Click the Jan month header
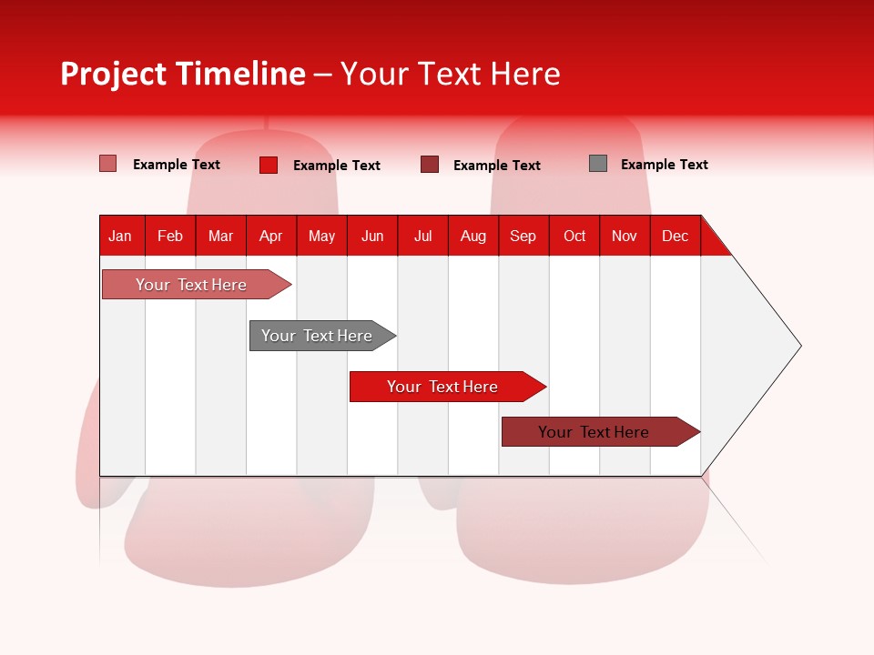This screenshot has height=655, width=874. [120, 237]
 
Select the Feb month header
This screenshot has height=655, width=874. [170, 237]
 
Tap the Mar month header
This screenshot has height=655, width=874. [220, 237]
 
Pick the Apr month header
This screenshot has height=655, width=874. [271, 237]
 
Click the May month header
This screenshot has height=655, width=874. [321, 237]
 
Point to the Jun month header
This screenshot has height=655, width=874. [372, 237]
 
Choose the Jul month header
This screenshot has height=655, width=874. [422, 237]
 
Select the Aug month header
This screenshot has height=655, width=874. [473, 237]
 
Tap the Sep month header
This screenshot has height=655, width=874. [523, 237]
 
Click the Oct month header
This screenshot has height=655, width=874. [574, 237]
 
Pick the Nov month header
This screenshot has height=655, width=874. [625, 237]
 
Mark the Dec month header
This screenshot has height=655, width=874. [676, 237]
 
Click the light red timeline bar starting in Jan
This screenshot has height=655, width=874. [191, 285]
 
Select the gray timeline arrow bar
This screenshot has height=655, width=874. [317, 336]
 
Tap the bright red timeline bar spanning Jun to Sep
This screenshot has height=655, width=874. [442, 387]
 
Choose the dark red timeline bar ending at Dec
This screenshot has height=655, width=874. [594, 432]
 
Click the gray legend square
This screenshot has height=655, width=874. [598, 164]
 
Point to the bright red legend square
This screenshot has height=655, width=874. [269, 165]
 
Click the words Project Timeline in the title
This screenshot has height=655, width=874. [183, 74]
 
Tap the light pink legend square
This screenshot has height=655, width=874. [108, 164]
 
